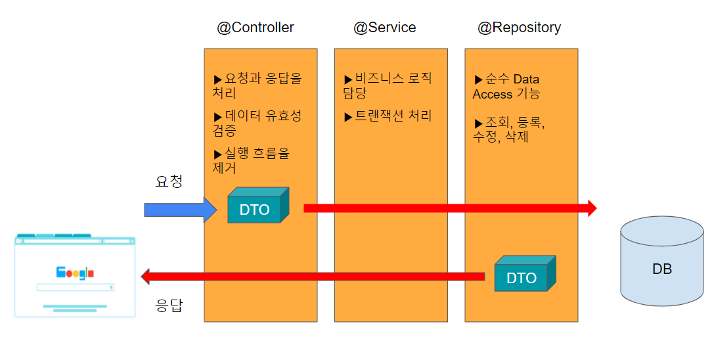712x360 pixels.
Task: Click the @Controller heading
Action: tap(255, 28)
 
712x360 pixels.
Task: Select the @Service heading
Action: tap(384, 28)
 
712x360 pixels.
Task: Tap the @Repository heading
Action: tap(519, 28)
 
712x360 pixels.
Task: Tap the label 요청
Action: tap(169, 181)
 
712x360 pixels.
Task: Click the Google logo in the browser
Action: tap(75, 273)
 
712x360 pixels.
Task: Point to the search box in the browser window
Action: tap(75, 287)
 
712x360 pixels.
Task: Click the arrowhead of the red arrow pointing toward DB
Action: tap(592, 209)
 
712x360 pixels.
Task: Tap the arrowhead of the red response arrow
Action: tap(146, 277)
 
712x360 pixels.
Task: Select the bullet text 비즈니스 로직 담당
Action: tap(388, 85)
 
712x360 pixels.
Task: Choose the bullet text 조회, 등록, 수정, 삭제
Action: tap(509, 129)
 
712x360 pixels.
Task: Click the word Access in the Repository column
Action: tap(493, 94)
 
